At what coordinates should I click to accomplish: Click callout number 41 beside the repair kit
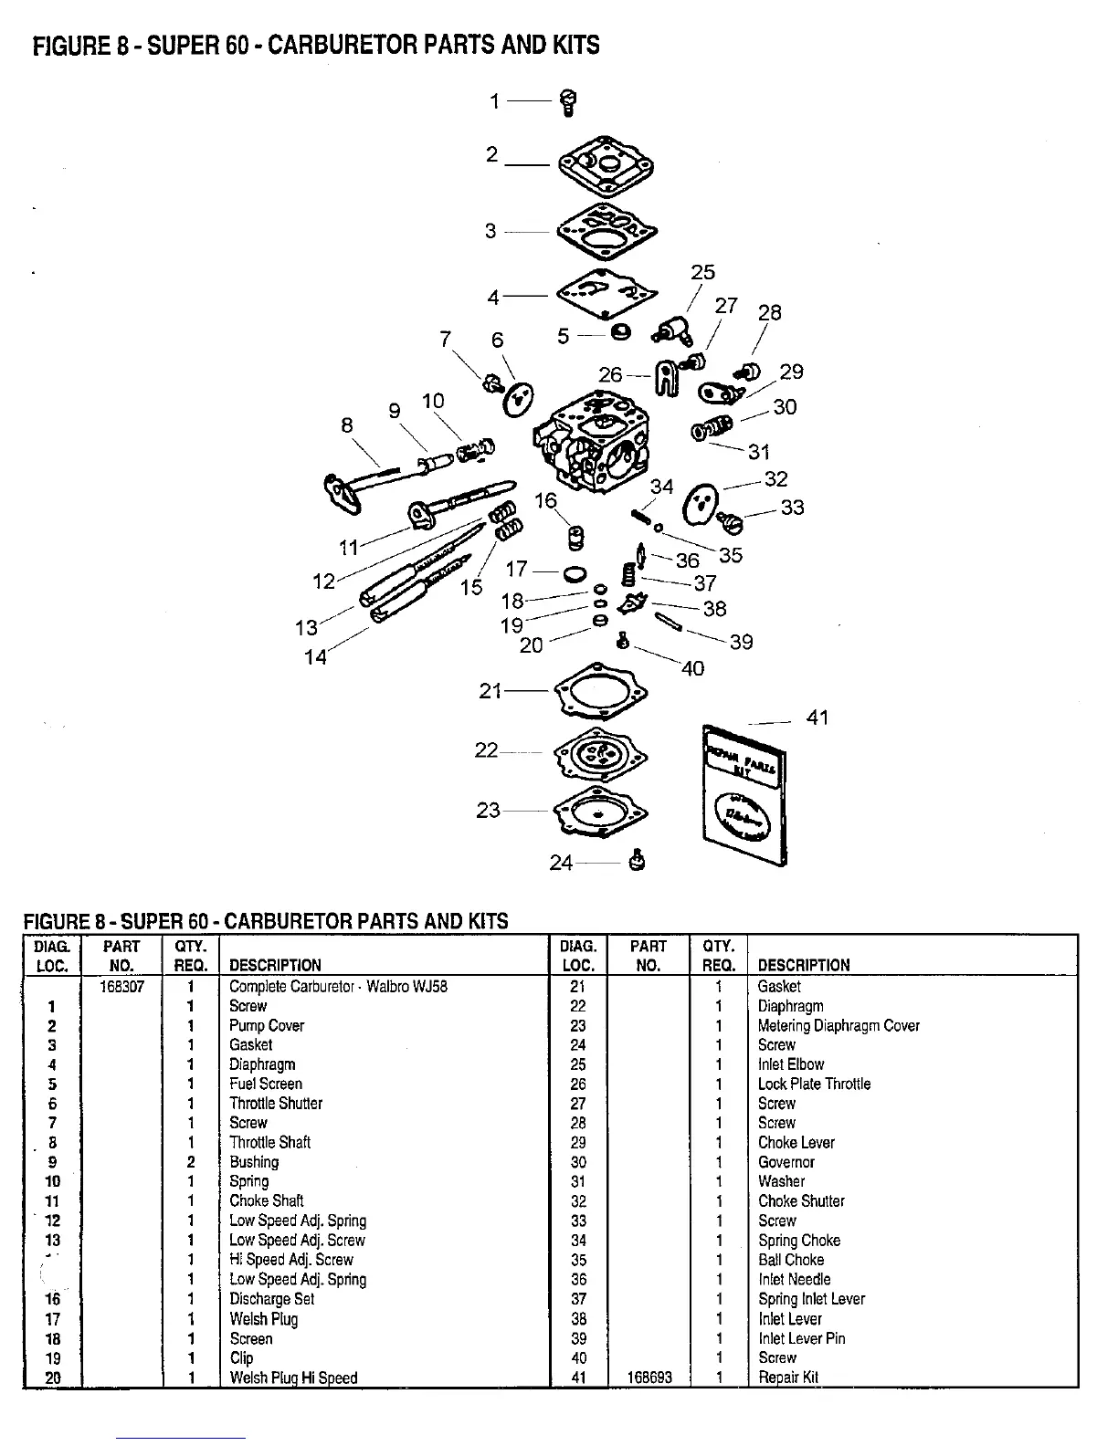tap(817, 718)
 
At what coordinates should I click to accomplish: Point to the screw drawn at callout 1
tap(566, 103)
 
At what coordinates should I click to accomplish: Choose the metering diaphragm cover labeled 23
tap(600, 812)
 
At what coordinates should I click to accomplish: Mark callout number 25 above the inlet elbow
tap(702, 273)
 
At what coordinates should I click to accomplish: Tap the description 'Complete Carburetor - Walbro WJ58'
tap(338, 987)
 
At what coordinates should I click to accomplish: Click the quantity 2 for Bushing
tap(190, 1162)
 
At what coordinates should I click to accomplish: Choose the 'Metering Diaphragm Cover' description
tap(838, 1026)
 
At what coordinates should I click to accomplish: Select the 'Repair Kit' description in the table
tap(788, 1378)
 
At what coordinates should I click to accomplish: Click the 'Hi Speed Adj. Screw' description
tap(290, 1260)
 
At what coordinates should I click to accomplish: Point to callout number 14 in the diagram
tap(315, 656)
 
